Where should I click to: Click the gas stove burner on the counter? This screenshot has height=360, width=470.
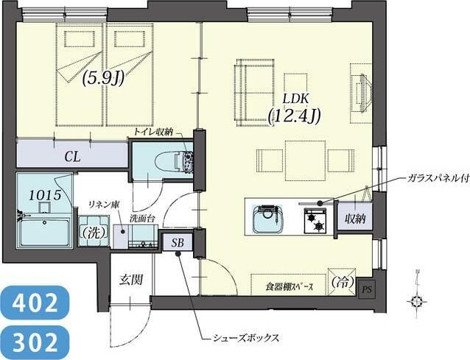316,218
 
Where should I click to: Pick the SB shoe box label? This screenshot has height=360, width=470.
178,242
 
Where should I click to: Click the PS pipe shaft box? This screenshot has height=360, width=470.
366,289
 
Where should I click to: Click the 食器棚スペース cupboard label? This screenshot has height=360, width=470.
289,286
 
